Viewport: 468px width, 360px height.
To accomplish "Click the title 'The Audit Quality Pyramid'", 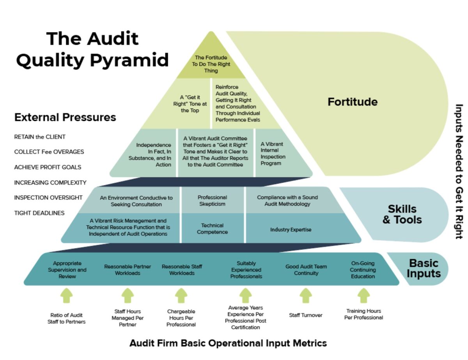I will click(92, 49).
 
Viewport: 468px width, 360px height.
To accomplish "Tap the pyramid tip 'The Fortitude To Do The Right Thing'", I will click(211, 64).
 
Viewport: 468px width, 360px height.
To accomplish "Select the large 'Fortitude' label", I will click(352, 102).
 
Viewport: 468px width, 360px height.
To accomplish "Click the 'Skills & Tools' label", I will click(402, 214).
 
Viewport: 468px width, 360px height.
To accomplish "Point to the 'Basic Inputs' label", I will click(423, 268).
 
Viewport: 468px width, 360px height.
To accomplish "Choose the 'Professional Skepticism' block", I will click(212, 201).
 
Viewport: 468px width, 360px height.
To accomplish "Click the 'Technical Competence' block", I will click(212, 229).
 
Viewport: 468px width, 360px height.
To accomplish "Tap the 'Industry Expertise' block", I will click(291, 229).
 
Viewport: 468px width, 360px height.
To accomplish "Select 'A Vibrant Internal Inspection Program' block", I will click(273, 154).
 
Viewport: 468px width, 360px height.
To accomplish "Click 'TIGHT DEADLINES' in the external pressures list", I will click(39, 213).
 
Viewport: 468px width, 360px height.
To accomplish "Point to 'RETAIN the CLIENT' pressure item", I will click(40, 137).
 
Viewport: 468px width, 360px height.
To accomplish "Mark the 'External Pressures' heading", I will click(65, 117).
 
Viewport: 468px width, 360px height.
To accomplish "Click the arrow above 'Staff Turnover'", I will click(306, 296).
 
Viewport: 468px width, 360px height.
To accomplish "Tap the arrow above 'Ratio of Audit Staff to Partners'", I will click(67, 296).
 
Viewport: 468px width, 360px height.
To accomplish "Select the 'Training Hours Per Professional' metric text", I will click(363, 314).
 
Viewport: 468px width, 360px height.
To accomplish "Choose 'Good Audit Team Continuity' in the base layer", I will click(306, 270).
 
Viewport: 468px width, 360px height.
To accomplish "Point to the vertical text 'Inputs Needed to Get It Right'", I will click(459, 171).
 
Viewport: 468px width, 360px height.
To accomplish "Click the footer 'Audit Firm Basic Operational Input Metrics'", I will click(228, 343).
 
